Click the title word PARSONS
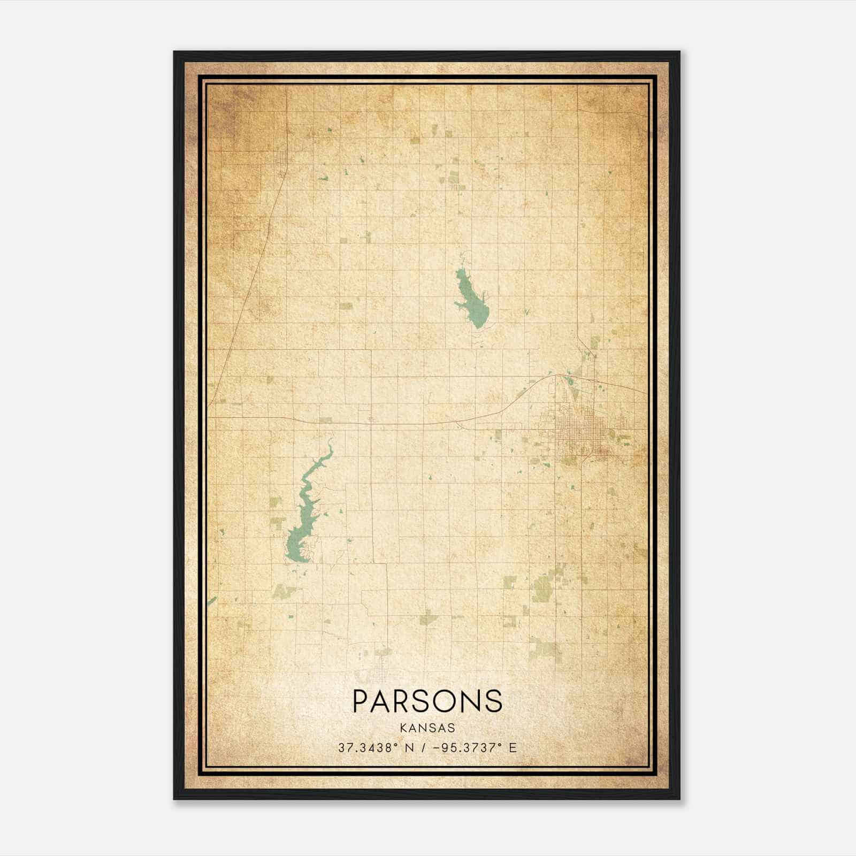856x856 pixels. [427, 701]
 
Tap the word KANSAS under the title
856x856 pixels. [427, 728]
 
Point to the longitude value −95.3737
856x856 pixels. [463, 748]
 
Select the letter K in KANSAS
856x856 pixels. [403, 728]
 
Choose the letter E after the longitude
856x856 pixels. [513, 748]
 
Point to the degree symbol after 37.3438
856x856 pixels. [397, 745]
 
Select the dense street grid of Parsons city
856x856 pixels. [580, 428]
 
